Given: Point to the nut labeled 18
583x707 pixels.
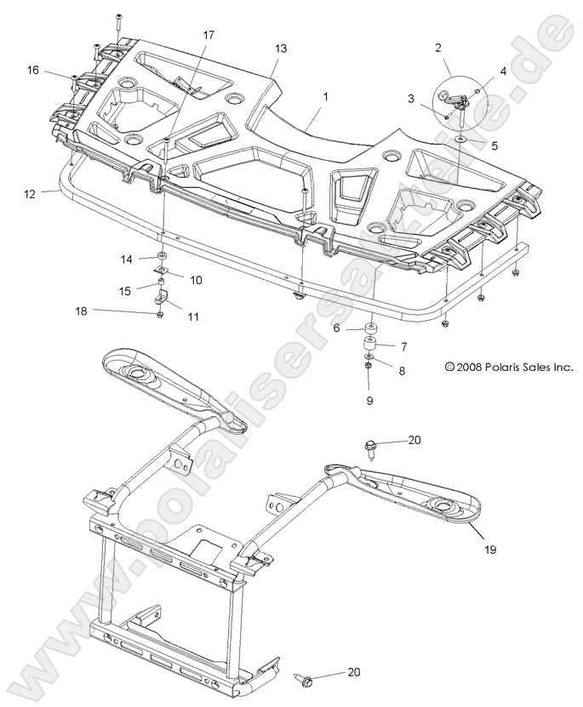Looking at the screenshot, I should (160, 316).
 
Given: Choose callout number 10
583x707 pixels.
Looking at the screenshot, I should (195, 279).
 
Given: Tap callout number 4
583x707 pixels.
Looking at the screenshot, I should (503, 71).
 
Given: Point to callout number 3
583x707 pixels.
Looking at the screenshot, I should (410, 100).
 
